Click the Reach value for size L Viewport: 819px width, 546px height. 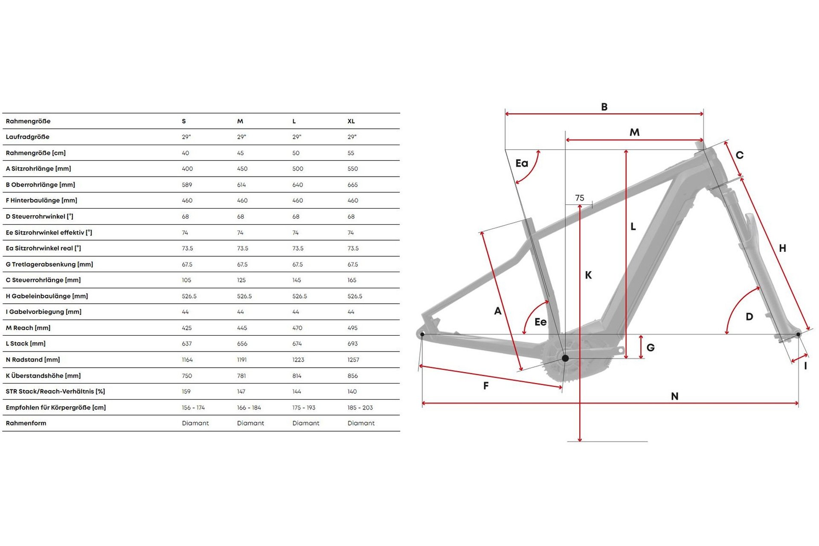tap(297, 328)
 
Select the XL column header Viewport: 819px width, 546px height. tap(351, 121)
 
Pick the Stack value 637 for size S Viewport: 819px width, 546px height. tap(187, 344)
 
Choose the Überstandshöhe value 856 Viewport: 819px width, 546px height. tap(353, 376)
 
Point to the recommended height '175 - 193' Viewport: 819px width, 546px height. tap(304, 408)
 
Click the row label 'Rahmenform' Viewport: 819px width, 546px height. tap(26, 423)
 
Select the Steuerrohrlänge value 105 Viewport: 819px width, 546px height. tap(186, 280)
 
